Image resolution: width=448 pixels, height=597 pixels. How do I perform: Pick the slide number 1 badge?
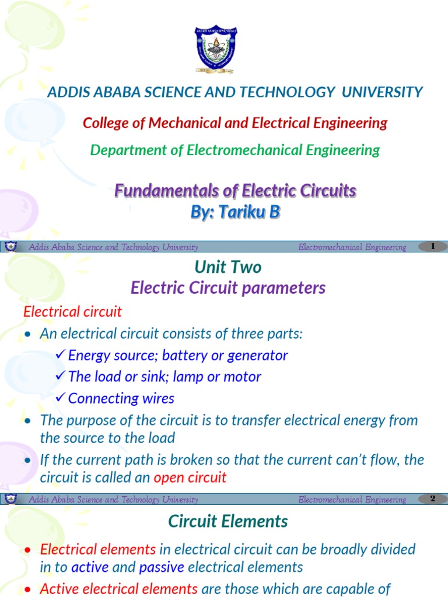pyautogui.click(x=433, y=247)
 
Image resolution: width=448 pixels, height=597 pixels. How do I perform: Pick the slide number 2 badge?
pyautogui.click(x=433, y=499)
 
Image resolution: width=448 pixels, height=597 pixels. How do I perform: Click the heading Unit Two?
pyautogui.click(x=228, y=267)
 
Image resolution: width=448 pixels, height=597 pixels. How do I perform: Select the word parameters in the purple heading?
pyautogui.click(x=286, y=287)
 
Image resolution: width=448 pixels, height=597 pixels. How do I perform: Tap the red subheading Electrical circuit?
pyautogui.click(x=72, y=311)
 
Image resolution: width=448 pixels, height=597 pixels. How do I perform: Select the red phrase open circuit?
pyautogui.click(x=190, y=478)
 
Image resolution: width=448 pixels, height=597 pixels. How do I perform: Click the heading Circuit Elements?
pyautogui.click(x=228, y=521)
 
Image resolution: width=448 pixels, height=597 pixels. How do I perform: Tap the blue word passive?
pyautogui.click(x=162, y=567)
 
